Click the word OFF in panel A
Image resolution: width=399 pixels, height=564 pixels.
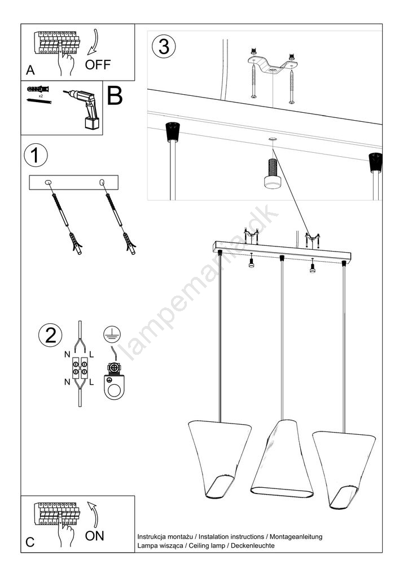(x=98, y=65)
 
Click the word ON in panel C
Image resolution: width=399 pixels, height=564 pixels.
(x=95, y=536)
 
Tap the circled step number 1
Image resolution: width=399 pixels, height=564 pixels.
(x=35, y=156)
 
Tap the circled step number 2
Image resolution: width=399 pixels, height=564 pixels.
(x=50, y=335)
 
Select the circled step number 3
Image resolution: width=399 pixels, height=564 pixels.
(x=164, y=47)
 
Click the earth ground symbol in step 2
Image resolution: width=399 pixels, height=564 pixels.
(x=112, y=334)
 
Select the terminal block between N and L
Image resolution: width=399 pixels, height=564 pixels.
(x=80, y=368)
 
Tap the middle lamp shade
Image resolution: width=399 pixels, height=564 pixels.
(x=282, y=459)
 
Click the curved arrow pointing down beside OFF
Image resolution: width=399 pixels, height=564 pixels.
(x=92, y=42)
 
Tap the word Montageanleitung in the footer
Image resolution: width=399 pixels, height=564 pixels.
(x=296, y=537)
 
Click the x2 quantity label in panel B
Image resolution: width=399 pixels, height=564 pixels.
(x=41, y=96)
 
